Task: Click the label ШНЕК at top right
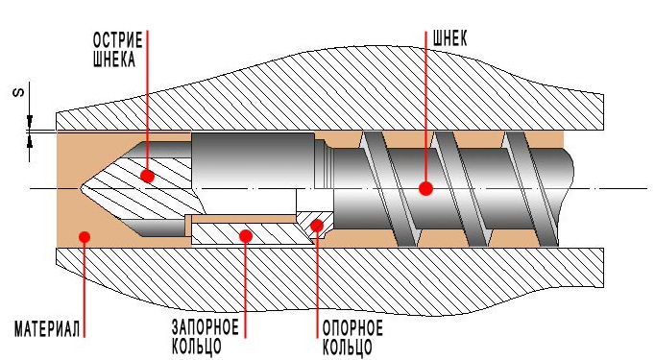[450, 38]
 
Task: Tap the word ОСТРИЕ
[118, 40]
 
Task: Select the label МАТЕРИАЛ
[47, 329]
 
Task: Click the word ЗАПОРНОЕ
[206, 327]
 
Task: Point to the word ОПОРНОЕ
[352, 328]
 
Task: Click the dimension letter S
[19, 93]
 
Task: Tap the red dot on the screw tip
[147, 176]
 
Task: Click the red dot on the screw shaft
[425, 189]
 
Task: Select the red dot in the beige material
[85, 237]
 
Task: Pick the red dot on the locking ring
[246, 236]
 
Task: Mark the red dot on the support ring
[317, 226]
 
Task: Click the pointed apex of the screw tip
[81, 189]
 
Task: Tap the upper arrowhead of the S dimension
[29, 122]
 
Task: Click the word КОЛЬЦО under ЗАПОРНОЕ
[196, 347]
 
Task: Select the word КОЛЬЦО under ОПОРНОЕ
[348, 348]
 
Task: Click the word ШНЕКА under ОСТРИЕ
[114, 60]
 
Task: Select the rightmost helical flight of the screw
[530, 189]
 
